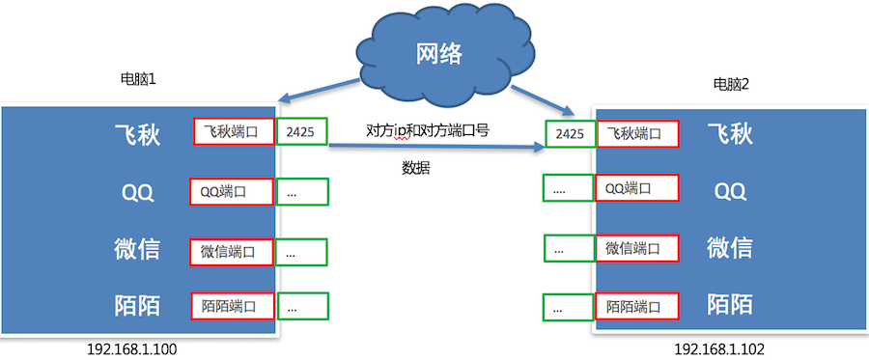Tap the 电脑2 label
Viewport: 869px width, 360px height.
[731, 85]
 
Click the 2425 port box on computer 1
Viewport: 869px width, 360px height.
[302, 132]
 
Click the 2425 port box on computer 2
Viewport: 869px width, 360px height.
[570, 135]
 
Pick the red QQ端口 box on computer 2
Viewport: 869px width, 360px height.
[636, 187]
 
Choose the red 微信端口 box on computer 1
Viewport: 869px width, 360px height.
[233, 252]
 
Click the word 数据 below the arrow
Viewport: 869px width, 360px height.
[416, 167]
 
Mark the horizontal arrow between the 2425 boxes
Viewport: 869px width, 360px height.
[435, 148]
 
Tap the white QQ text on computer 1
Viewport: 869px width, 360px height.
[136, 191]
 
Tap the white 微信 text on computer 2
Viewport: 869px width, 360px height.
[730, 247]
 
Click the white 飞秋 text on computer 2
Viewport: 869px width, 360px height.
[730, 134]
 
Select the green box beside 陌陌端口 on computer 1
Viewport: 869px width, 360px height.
[302, 306]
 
